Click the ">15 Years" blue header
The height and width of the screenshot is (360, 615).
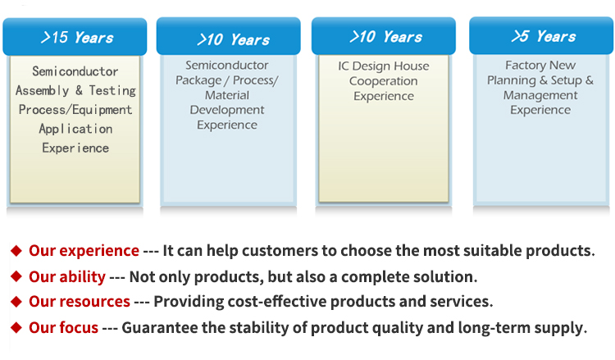(75, 36)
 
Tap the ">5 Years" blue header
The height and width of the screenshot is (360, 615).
(541, 35)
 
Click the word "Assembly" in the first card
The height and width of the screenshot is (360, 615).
(43, 90)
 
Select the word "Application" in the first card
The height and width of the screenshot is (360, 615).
(75, 129)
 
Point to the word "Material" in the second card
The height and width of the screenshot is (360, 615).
(227, 95)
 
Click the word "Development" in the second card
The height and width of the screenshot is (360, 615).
(227, 110)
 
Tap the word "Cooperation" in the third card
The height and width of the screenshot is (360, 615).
(384, 81)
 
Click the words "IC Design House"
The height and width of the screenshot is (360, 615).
(384, 66)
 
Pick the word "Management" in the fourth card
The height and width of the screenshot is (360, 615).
(540, 95)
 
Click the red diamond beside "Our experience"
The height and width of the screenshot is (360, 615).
(16, 251)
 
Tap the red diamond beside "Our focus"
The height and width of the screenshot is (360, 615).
(16, 327)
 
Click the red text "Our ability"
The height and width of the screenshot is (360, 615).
(67, 277)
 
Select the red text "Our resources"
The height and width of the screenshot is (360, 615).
(80, 301)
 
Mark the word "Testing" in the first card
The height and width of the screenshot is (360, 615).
(112, 90)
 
